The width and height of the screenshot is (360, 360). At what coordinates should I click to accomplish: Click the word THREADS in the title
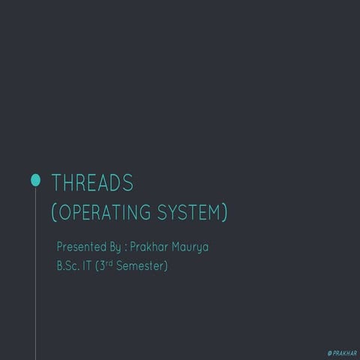[92, 183]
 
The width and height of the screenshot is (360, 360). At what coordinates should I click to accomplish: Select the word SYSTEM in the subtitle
[188, 212]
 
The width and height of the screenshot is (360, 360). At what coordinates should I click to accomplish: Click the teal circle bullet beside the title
[35, 180]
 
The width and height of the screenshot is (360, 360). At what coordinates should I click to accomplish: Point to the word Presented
[82, 247]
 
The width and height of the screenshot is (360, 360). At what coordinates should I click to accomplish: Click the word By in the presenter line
[115, 247]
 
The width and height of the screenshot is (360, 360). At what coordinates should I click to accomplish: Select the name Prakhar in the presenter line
[149, 247]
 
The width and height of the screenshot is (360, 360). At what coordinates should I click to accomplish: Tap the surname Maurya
[190, 247]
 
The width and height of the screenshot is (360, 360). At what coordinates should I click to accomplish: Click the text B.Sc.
[68, 265]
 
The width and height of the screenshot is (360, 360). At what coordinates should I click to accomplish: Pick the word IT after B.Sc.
[87, 265]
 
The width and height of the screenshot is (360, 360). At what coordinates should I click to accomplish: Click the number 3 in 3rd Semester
[102, 265]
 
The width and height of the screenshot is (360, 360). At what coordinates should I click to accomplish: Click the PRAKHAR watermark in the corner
[345, 353]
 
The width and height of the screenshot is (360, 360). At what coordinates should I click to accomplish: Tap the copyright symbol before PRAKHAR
[330, 353]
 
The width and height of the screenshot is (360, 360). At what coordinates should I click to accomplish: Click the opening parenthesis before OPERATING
[53, 212]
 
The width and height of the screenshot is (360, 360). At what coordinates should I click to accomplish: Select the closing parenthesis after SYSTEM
[225, 212]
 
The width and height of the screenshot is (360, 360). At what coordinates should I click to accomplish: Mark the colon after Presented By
[125, 248]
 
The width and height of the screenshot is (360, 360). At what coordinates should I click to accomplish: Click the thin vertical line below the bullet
[35, 273]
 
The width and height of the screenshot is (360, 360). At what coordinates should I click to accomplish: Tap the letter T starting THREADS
[56, 183]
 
